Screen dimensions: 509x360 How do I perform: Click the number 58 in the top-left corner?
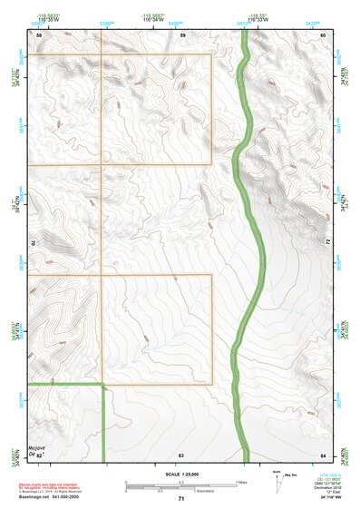pyautogui.click(x=39, y=34)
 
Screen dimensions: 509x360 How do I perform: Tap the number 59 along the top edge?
pyautogui.click(x=182, y=34)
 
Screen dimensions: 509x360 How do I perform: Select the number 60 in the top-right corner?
pyautogui.click(x=324, y=34)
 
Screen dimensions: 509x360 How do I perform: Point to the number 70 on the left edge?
pyautogui.click(x=37, y=243)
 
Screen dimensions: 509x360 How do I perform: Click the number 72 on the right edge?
pyautogui.click(x=326, y=241)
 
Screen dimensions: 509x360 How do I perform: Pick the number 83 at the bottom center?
pyautogui.click(x=181, y=452)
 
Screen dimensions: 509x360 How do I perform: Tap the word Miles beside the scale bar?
pyautogui.click(x=240, y=482)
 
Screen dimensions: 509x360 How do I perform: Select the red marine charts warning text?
pyautogui.click(x=51, y=487)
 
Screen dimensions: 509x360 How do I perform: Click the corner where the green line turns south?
pyautogui.click(x=103, y=386)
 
